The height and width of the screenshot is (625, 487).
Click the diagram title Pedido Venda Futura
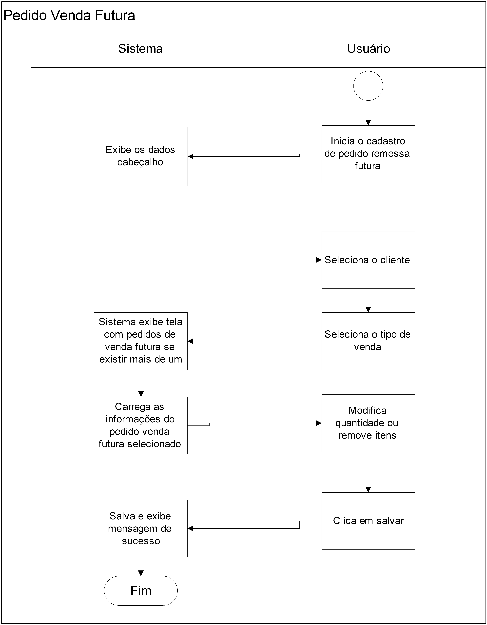(69, 15)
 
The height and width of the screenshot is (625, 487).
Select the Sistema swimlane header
(140, 49)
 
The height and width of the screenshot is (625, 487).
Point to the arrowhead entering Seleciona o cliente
(319, 260)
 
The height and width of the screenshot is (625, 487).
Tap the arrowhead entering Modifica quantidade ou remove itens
(319, 423)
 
